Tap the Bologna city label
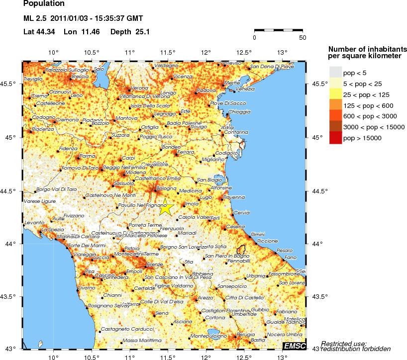pyautogui.click(x=167, y=188)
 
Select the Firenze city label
pyautogui.click(x=154, y=264)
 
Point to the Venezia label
pyautogui.click(x=244, y=89)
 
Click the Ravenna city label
pyautogui.click(x=234, y=197)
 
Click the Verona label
pyautogui.click(x=140, y=88)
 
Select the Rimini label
pyautogui.click(x=258, y=234)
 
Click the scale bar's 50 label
pyautogui.click(x=302, y=37)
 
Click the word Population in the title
pyautogui.click(x=43, y=4)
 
